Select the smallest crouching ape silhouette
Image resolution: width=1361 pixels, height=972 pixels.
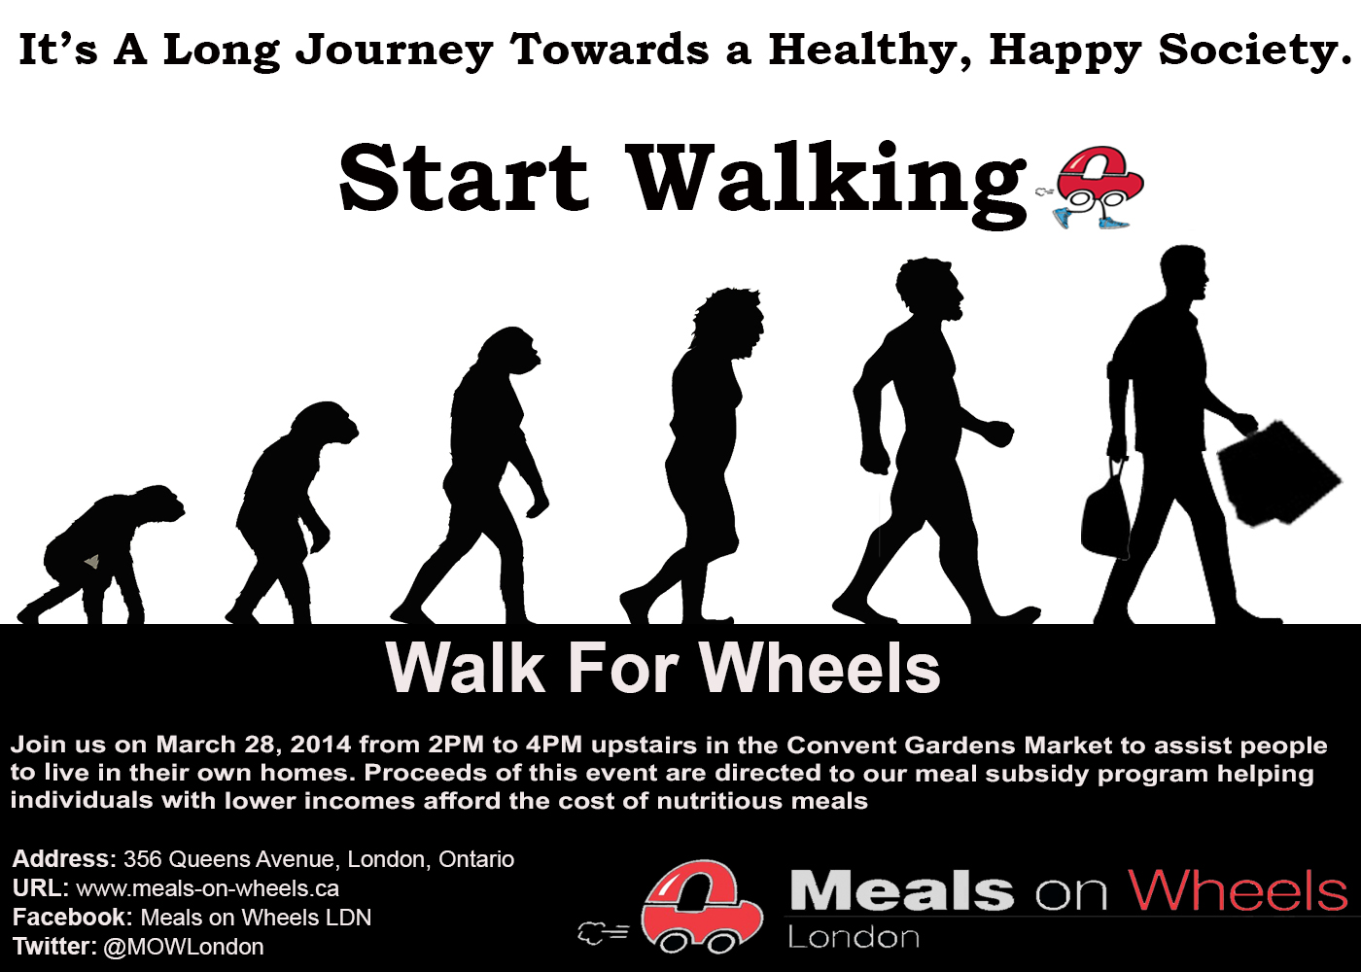(x=100, y=554)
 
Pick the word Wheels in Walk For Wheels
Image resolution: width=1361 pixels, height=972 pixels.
(x=820, y=669)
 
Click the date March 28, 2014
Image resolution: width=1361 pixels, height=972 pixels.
(x=254, y=745)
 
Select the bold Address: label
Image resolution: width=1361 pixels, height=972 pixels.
(x=64, y=859)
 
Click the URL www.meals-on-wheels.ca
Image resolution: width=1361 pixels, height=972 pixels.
(x=207, y=888)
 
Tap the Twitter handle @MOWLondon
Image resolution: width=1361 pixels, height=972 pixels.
(x=184, y=947)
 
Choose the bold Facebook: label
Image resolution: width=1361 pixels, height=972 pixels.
(x=72, y=918)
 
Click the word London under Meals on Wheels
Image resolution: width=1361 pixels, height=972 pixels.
(x=854, y=937)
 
